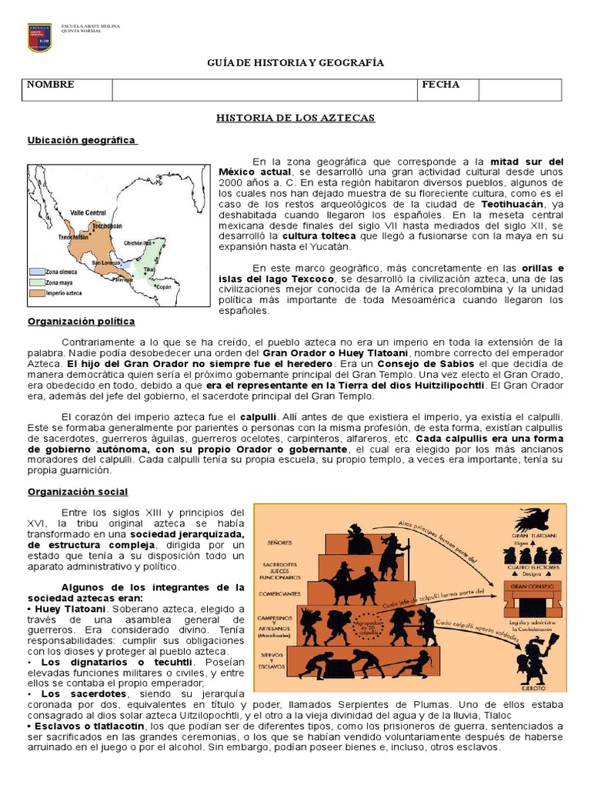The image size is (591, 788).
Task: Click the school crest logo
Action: [39, 37]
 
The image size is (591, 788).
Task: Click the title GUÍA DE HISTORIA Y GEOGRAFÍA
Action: [296, 63]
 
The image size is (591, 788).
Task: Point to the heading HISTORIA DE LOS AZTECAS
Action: [295, 118]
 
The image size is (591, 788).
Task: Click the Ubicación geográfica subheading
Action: [82, 140]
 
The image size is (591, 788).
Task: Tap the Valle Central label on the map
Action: [88, 212]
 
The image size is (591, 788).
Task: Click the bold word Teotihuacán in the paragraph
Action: [512, 205]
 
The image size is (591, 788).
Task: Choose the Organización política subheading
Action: [82, 321]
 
